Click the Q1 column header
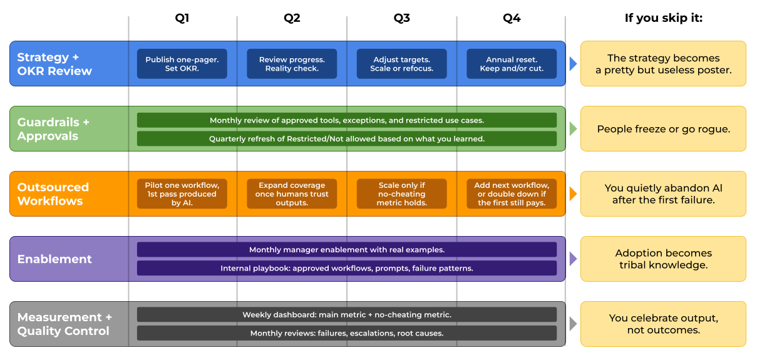point(182,18)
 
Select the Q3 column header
point(401,18)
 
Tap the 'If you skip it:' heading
point(663,18)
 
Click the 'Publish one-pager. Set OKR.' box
point(182,64)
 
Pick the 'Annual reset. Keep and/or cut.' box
point(511,64)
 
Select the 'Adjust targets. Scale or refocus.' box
point(401,64)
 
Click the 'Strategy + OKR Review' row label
point(54,64)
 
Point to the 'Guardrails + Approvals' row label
point(53,129)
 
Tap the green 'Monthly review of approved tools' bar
point(346,120)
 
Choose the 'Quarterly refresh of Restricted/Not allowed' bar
point(346,138)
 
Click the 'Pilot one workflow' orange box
point(182,194)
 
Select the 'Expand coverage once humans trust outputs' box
point(292,194)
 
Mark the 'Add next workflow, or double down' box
point(511,194)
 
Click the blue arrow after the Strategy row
point(573,64)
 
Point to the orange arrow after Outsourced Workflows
point(573,194)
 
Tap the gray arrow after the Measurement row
point(573,324)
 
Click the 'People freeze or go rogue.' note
point(663,129)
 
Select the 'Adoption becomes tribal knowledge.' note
point(663,259)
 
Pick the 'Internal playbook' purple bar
point(346,268)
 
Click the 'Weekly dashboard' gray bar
point(346,314)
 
